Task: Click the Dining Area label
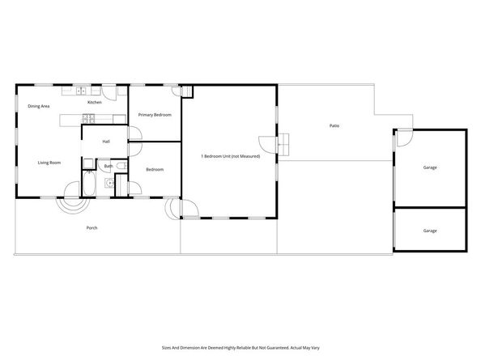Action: [39, 106]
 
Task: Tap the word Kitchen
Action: [94, 103]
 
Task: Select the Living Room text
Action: [49, 163]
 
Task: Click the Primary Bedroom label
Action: [155, 115]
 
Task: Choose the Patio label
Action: [334, 125]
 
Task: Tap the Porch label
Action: [92, 228]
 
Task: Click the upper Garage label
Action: [430, 167]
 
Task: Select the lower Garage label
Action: [430, 231]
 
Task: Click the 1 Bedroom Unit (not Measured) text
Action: [230, 155]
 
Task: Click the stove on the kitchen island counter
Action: [88, 121]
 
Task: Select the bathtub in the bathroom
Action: [90, 187]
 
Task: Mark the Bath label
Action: [108, 167]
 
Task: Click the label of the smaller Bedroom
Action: [155, 169]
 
